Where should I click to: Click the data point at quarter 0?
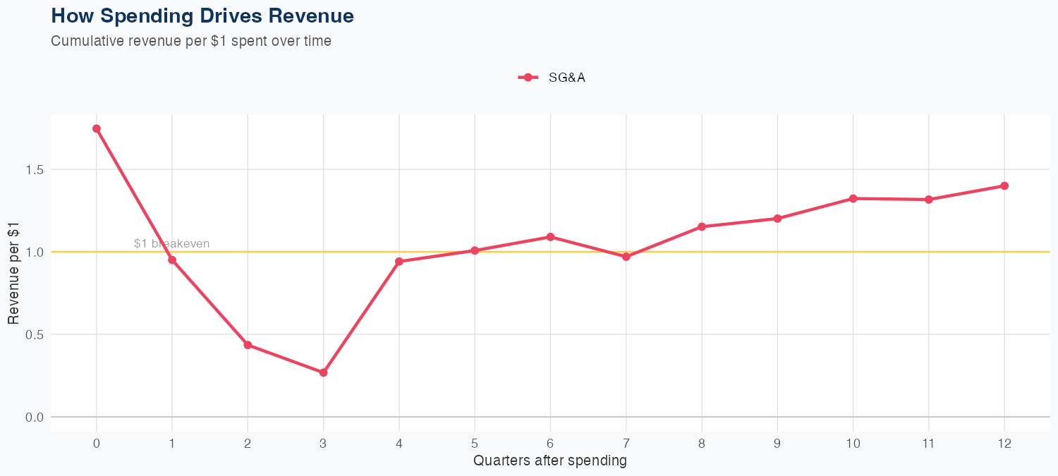pos(97,129)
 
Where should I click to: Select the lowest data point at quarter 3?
pos(324,372)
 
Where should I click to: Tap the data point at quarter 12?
pos(1004,186)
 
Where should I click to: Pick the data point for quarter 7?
pos(626,257)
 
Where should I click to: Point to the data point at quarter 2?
pos(248,345)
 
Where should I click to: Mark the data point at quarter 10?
pos(853,199)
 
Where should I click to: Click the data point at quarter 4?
pos(399,262)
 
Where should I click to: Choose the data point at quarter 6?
pos(550,237)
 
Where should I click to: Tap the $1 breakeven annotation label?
pos(171,244)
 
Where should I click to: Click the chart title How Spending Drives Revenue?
pos(202,16)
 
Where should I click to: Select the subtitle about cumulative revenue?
pos(191,41)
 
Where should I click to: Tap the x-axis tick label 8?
pos(702,444)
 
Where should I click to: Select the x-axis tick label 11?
pos(929,444)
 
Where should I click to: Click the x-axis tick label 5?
pos(475,444)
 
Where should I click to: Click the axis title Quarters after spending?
pos(550,461)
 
